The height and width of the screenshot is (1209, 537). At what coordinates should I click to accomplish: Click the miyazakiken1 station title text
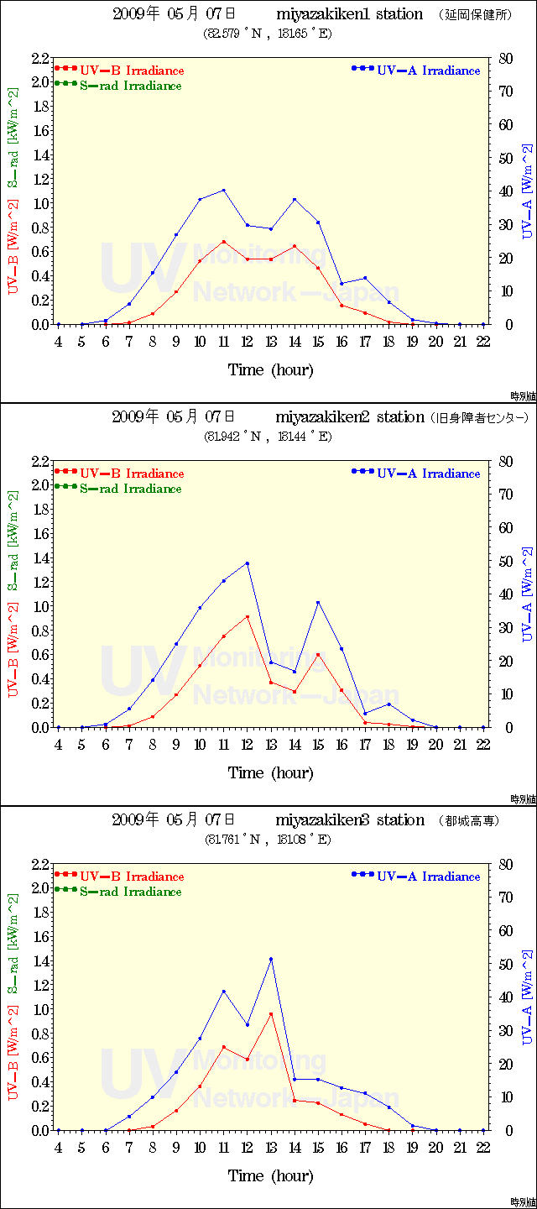tap(349, 14)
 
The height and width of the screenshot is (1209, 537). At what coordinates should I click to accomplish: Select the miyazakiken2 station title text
tap(349, 417)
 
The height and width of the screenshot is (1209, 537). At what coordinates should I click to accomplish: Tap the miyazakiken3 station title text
tap(349, 820)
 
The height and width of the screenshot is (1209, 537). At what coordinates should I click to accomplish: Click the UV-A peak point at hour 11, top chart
tap(224, 190)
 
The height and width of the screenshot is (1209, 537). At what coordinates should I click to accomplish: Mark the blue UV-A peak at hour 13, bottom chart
tap(271, 959)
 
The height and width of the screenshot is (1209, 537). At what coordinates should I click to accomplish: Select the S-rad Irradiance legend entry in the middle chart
tap(130, 489)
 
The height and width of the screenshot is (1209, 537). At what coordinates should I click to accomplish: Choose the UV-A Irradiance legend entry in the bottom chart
tap(428, 877)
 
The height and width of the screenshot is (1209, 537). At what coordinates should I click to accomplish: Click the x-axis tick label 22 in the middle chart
tap(483, 744)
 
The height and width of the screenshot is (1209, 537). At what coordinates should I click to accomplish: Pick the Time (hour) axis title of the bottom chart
tap(271, 1175)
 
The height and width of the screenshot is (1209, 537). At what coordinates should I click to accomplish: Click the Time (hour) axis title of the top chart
tap(271, 369)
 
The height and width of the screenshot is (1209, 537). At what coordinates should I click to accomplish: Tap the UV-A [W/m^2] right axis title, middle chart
tap(527, 594)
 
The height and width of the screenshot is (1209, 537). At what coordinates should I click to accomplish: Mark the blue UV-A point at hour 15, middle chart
tap(318, 602)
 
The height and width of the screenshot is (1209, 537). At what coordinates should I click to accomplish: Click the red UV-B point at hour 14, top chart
tap(295, 246)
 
